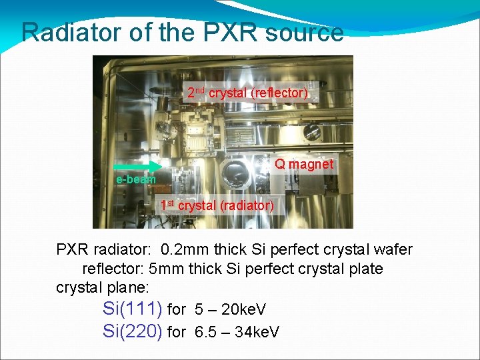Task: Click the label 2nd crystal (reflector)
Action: (x=247, y=93)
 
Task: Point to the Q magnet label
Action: (x=304, y=164)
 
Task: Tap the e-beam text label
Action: (x=135, y=179)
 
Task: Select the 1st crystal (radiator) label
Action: (x=217, y=205)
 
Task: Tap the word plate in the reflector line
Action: (x=364, y=269)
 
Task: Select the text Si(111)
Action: (x=133, y=309)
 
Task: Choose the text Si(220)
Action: (x=133, y=331)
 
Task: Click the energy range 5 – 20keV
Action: (x=231, y=310)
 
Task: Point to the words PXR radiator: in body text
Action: (x=103, y=250)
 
